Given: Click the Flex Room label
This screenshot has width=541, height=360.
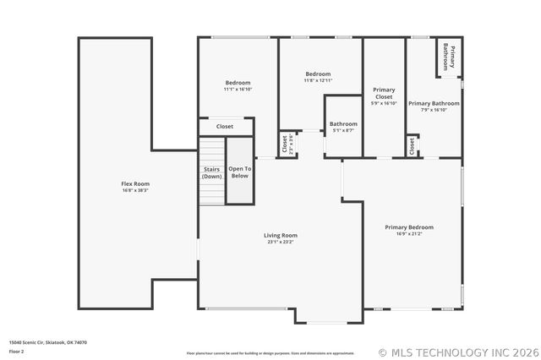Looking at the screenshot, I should tap(135, 184).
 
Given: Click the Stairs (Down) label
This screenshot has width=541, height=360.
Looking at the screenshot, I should tap(212, 173).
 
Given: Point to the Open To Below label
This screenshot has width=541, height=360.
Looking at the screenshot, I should tap(239, 172).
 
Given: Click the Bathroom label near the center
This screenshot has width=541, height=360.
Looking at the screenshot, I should tap(343, 124).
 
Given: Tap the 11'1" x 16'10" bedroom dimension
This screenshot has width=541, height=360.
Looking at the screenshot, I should tap(238, 89).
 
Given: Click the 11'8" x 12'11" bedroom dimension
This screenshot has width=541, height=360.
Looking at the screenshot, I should tap(318, 80).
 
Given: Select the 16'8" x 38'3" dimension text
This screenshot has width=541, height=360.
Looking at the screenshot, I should tap(135, 190).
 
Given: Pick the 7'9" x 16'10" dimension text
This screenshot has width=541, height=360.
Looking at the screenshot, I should tap(434, 110).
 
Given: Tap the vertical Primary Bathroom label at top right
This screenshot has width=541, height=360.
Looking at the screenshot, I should tap(451, 57).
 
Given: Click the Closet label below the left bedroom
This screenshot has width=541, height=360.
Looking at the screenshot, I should tap(225, 127).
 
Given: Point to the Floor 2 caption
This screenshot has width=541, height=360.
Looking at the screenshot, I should tap(17, 351).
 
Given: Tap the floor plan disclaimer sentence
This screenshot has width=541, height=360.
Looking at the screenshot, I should tap(270, 353).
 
